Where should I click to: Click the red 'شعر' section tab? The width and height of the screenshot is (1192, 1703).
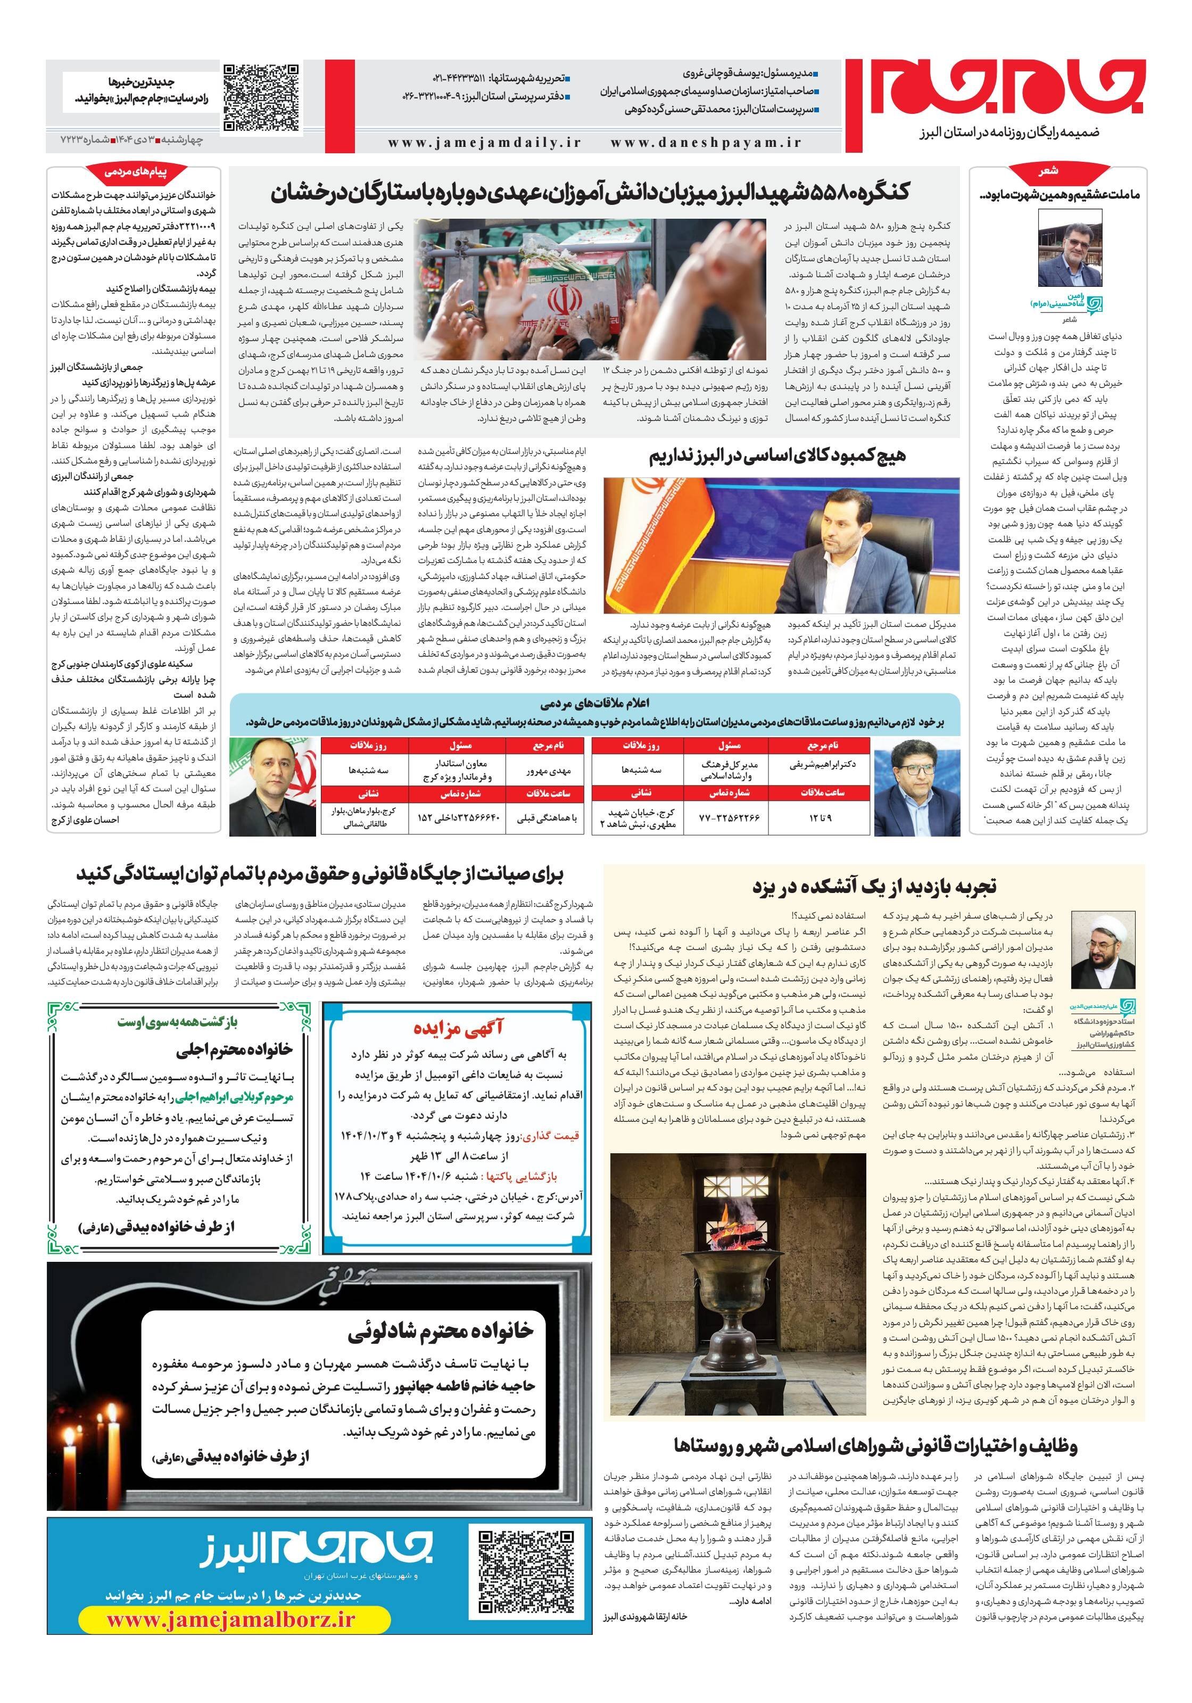(1049, 172)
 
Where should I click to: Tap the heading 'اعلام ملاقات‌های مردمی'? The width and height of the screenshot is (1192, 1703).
(595, 703)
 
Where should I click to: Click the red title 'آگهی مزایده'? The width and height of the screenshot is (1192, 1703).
(458, 1027)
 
